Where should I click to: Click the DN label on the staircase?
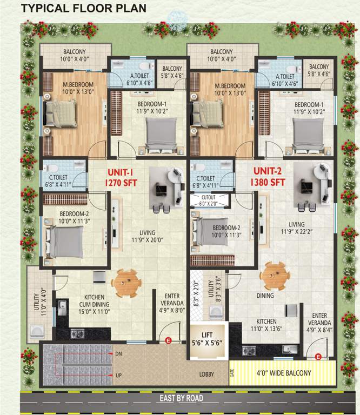pyautogui.click(x=118, y=354)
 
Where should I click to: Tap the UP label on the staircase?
pyautogui.click(x=118, y=374)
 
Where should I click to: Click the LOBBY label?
pyautogui.click(x=206, y=374)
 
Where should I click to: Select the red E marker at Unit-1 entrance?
pyautogui.click(x=168, y=340)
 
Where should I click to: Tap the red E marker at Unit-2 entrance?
pyautogui.click(x=318, y=356)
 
